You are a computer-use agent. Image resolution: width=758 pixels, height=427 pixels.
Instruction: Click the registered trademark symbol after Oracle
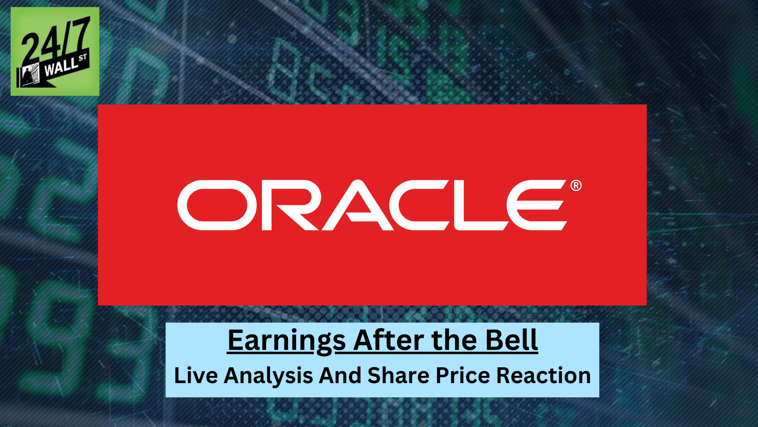576,185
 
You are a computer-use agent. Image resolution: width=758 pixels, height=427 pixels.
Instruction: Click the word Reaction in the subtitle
543,375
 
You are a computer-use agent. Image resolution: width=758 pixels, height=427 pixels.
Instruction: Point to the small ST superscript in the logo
83,58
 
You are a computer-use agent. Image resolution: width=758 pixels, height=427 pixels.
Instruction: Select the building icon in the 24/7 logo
30,75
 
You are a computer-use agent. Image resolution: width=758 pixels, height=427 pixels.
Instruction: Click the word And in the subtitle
340,375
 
